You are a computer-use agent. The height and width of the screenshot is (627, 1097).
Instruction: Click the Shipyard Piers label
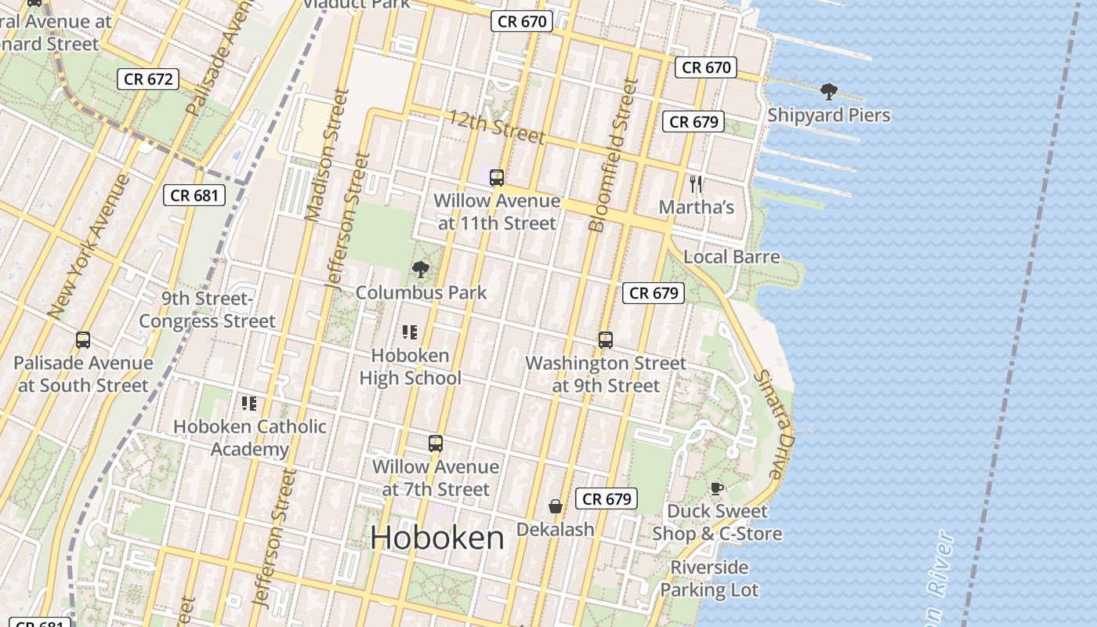coord(828,115)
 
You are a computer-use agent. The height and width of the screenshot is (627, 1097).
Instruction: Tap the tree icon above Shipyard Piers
coord(828,92)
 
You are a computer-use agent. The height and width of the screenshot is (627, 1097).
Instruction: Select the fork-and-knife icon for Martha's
coord(695,184)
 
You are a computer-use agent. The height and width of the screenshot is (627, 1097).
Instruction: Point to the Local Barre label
coord(731,257)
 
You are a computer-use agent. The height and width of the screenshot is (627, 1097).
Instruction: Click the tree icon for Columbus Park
coord(421,270)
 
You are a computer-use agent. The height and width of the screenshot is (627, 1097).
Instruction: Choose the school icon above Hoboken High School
coord(409,332)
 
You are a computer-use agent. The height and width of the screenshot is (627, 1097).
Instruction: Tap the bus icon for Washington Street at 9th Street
coord(605,340)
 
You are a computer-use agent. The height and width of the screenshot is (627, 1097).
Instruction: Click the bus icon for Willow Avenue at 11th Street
coord(496,178)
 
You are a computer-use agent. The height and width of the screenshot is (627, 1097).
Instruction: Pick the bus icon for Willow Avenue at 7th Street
coord(436,444)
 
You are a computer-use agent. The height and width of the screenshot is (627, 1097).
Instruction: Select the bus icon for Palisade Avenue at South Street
coord(83,340)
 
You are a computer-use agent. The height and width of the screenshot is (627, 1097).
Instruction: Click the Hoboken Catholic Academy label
coord(249,438)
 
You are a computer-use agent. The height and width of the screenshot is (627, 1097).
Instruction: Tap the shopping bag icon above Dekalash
coord(556,506)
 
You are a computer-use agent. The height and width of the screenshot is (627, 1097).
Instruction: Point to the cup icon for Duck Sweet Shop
coord(716,488)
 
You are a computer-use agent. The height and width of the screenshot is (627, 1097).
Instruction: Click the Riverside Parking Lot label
coord(709,578)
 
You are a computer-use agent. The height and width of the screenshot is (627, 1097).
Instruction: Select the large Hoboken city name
coord(437,538)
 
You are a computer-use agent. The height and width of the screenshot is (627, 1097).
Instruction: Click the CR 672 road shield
coord(148,79)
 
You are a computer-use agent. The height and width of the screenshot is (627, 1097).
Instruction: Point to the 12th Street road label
coord(496,126)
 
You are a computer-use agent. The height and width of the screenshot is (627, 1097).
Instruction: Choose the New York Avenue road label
coord(88,246)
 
